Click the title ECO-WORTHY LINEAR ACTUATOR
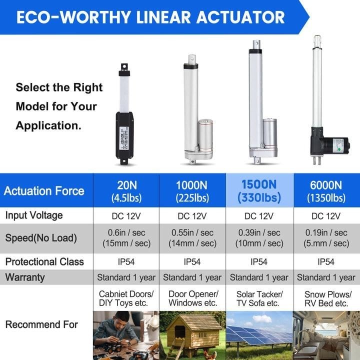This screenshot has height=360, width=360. pyautogui.click(x=150, y=17)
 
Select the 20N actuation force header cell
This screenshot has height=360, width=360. pyautogui.click(x=125, y=191)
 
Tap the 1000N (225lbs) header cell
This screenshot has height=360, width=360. pyautogui.click(x=192, y=191)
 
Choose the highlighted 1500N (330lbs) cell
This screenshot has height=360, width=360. pyautogui.click(x=259, y=191)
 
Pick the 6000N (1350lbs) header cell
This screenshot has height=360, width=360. pyautogui.click(x=326, y=191)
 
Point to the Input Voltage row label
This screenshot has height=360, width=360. pyautogui.click(x=34, y=215)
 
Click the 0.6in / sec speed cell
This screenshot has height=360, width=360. pyautogui.click(x=125, y=238)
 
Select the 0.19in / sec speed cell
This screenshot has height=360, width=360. pyautogui.click(x=326, y=238)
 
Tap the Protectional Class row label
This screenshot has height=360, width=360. pyautogui.click(x=44, y=261)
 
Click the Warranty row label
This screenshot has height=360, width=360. pyautogui.click(x=25, y=277)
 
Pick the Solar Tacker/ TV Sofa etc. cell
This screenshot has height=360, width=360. pyautogui.click(x=259, y=298)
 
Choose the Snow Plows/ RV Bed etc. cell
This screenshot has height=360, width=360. pyautogui.click(x=326, y=298)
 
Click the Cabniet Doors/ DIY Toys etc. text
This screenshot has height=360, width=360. pyautogui.click(x=125, y=298)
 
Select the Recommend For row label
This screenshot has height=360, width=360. pyautogui.click(x=41, y=324)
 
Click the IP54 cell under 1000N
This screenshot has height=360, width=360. pyautogui.click(x=192, y=261)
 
